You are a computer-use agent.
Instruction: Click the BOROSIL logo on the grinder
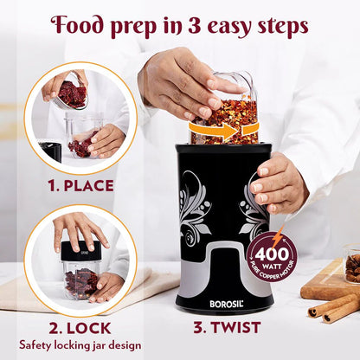pos(227,304)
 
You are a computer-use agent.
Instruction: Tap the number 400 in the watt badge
pos(272,254)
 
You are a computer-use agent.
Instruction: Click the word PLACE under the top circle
pos(88,186)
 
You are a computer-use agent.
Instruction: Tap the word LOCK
pos(88,328)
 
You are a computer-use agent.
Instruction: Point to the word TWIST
pos(235,327)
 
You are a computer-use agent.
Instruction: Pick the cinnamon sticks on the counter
pos(334,308)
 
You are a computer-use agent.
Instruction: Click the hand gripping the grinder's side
pos(278,184)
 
